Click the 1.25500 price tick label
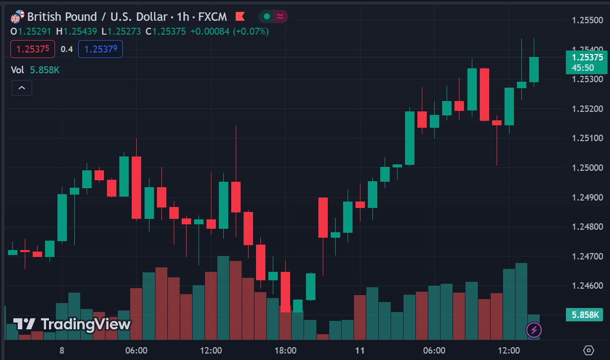click(x=587, y=20)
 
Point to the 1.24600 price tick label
click(x=587, y=286)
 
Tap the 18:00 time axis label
click(x=285, y=351)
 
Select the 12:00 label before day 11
click(x=211, y=351)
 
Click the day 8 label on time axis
click(x=62, y=351)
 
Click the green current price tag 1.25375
click(x=586, y=62)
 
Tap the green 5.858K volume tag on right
click(x=586, y=314)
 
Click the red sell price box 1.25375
click(x=33, y=49)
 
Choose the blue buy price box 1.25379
click(x=101, y=49)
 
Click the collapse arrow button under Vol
click(x=22, y=88)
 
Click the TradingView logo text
click(x=72, y=324)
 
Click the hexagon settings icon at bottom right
click(x=589, y=350)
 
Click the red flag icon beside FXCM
click(x=240, y=17)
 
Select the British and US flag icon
click(x=17, y=17)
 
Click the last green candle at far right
click(x=534, y=69)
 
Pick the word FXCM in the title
click(x=212, y=17)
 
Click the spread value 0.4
click(x=67, y=49)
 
